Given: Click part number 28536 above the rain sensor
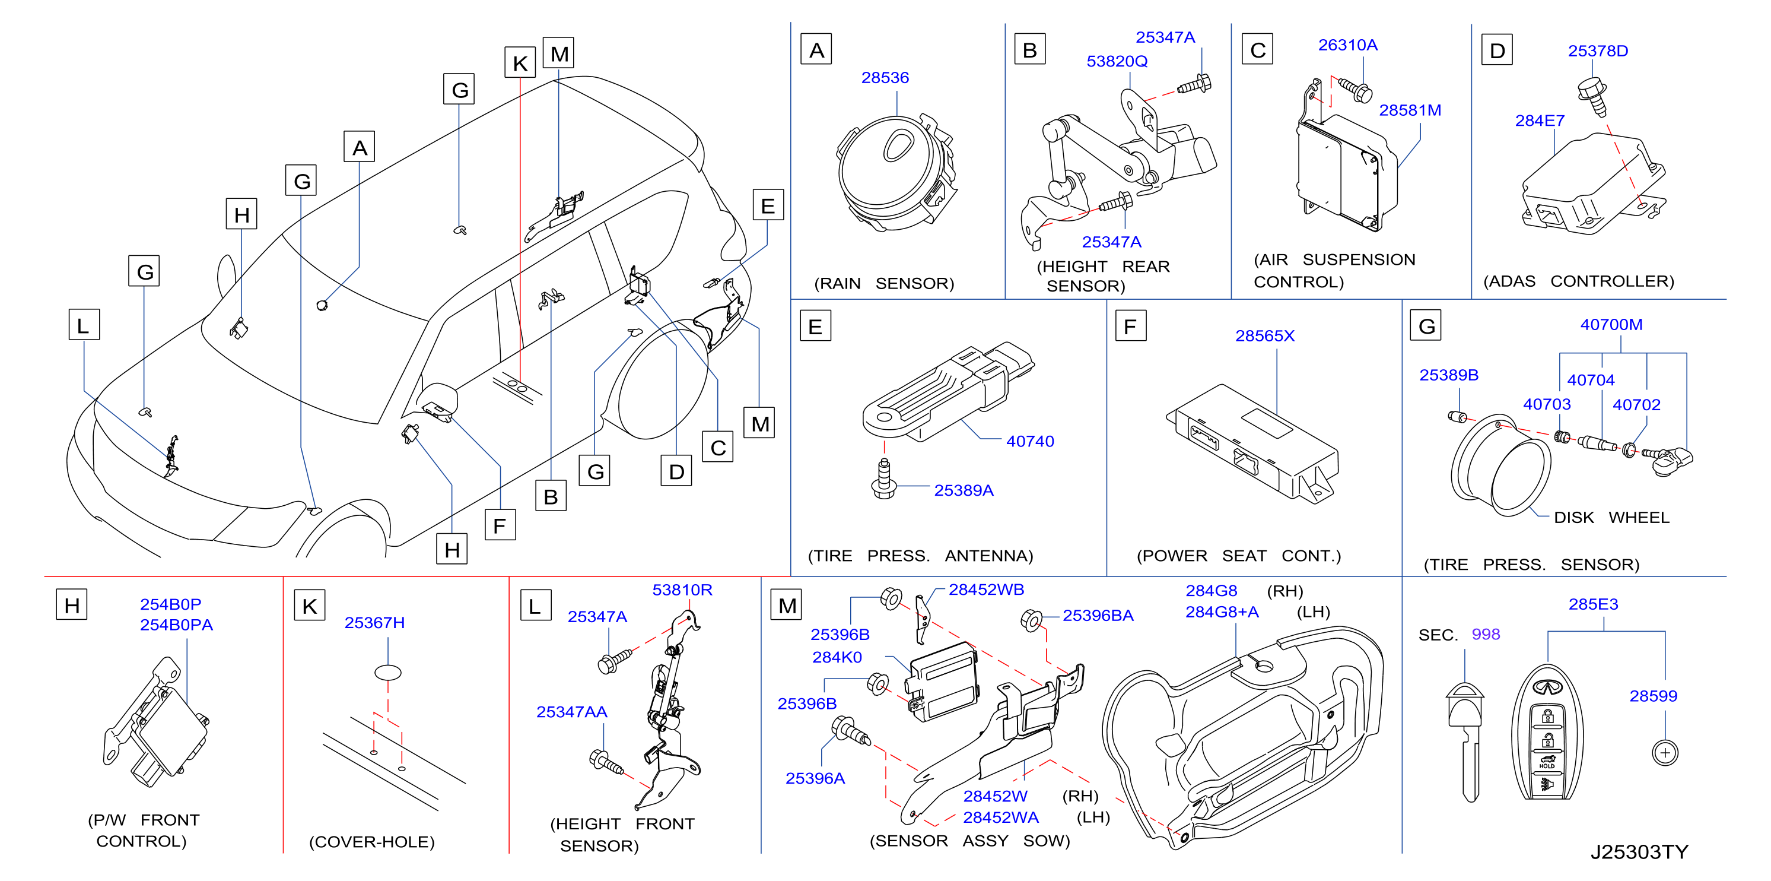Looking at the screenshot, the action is pos(885,78).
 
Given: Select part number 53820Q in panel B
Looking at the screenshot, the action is pos(1117,61).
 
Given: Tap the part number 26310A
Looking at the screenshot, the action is pos(1347,45).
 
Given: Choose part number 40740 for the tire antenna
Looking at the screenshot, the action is pos(1030,442).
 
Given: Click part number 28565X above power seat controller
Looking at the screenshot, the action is pos(1264,335).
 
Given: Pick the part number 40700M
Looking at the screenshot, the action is pos(1611,325).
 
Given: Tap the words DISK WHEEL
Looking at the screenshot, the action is pos(1611,517).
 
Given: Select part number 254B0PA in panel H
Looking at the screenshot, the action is pos(176,625).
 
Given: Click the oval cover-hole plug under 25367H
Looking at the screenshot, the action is pos(388,672).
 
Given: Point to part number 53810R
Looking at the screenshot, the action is pos(682,590).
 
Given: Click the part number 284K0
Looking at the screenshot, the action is pos(837,657).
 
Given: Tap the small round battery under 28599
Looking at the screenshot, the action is pos(1664,752).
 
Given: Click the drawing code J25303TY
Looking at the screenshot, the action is pos(1639,852).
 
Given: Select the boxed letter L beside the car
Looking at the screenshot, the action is pos(84,325).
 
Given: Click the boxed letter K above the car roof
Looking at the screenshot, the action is pos(520,62).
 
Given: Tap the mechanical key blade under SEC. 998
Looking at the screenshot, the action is pos(1467,743).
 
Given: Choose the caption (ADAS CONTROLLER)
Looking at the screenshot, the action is pos(1579,281).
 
